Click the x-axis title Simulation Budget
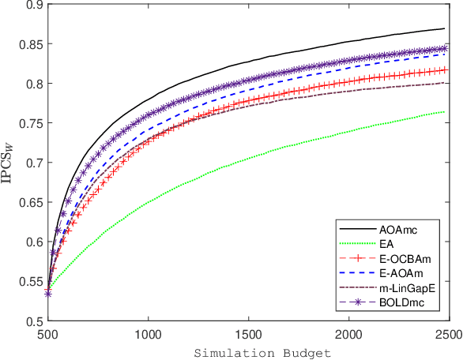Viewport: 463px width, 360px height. (247, 350)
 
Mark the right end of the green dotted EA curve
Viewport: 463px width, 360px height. (444, 112)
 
